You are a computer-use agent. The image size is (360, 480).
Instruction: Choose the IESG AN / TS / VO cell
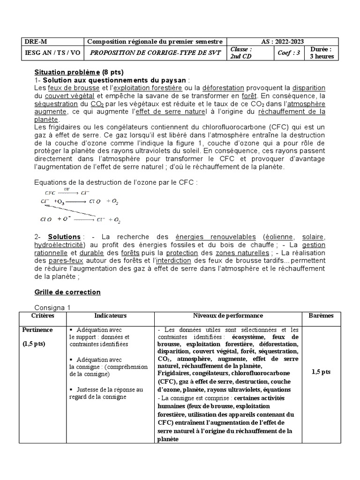(x=52, y=53)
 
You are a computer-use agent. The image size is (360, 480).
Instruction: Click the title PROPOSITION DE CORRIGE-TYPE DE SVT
(x=155, y=53)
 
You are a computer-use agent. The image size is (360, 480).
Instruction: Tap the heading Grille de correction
(x=67, y=292)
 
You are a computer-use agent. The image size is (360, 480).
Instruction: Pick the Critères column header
(x=43, y=316)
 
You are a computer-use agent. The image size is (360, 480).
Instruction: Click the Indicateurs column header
(x=111, y=316)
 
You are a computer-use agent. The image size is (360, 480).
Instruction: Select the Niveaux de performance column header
(x=228, y=316)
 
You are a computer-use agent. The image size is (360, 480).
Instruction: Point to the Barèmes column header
(x=321, y=316)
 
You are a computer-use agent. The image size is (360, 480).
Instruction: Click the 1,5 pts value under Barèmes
(x=321, y=372)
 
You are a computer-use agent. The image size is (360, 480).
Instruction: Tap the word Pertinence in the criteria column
(x=37, y=330)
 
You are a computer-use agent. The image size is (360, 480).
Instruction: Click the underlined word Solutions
(x=64, y=237)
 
